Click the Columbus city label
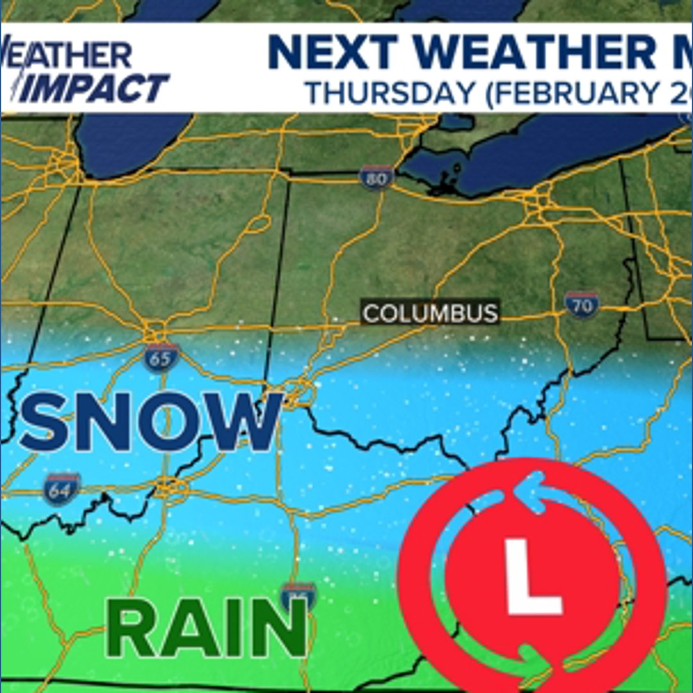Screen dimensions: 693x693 coord(430,313)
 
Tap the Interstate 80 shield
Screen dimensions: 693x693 coord(376,178)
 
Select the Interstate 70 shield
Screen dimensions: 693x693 coord(581,305)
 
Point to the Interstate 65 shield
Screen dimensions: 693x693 coord(161,357)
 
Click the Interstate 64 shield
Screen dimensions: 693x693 coord(62,489)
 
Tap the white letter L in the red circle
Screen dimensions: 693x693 coord(533,576)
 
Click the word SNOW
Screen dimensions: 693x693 coord(151,422)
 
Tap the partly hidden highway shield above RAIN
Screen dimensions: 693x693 coord(298,595)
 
